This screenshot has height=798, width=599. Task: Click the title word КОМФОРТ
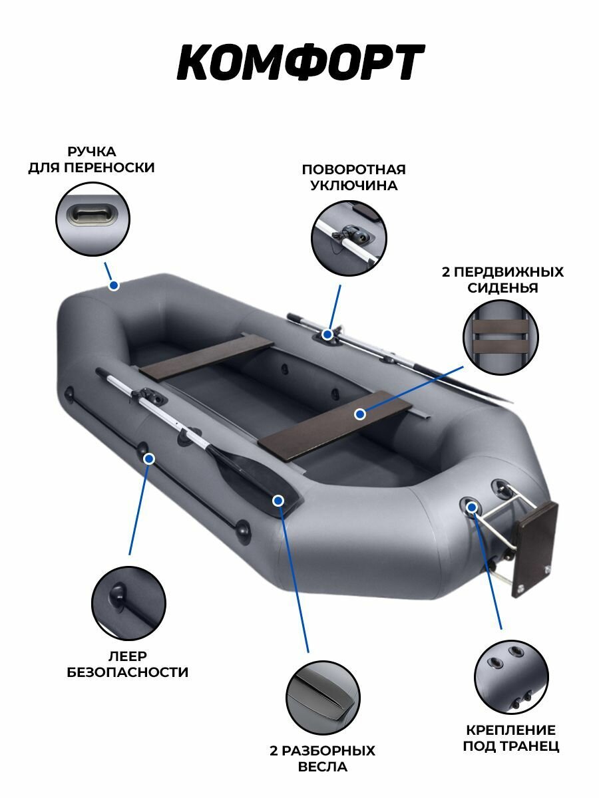pos(299,64)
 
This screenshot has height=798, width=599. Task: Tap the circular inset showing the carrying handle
pos(93,219)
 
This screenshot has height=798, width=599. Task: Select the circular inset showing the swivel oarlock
pos(349,238)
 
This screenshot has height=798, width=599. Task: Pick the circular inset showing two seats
pos(500,337)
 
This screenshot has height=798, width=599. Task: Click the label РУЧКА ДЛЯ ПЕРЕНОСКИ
pos(91,160)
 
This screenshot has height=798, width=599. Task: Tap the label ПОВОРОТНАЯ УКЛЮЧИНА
pos(353,178)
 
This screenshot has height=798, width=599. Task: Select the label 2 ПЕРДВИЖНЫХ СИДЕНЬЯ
pos(502,280)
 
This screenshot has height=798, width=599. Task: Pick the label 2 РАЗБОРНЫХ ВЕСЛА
pos(323,759)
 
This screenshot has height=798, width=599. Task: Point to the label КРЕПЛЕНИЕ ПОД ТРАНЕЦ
pos(511,738)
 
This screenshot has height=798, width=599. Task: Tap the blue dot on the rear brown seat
pos(360,414)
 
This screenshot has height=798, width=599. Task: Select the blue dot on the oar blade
pos(278,499)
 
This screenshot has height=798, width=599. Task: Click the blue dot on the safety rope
pos(149,458)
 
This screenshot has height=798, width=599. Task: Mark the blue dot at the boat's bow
pos(114,285)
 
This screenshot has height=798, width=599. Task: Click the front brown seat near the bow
pos(207,356)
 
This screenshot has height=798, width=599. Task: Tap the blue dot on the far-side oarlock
pos(327,334)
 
